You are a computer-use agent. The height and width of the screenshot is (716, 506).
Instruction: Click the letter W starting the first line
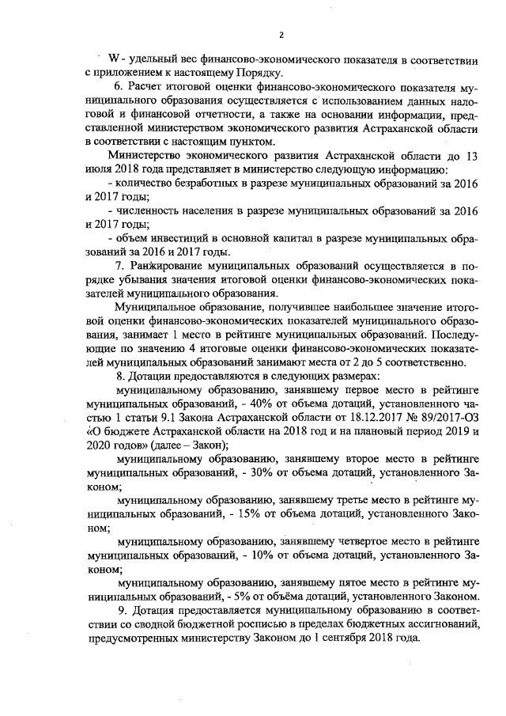click(x=113, y=59)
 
